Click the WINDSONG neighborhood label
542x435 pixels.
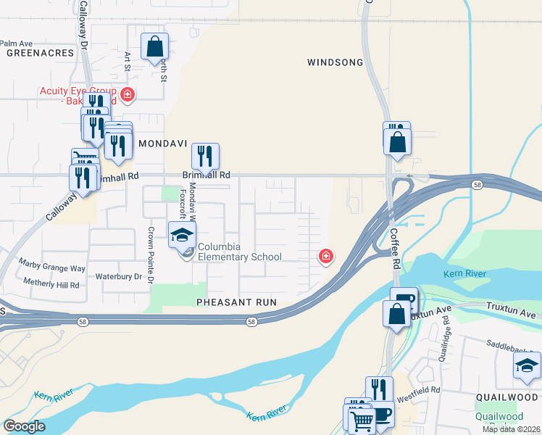(x=335, y=62)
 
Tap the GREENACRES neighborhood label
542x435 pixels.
(x=40, y=53)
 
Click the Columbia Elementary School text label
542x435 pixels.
(x=240, y=252)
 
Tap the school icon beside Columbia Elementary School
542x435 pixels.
(x=183, y=234)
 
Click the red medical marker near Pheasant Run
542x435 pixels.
(x=326, y=256)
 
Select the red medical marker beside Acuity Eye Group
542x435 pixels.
(x=128, y=95)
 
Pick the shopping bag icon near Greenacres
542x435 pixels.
(x=155, y=47)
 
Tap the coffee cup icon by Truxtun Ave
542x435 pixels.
(x=404, y=299)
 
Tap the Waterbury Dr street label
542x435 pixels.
(x=118, y=276)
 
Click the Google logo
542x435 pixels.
(x=25, y=426)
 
